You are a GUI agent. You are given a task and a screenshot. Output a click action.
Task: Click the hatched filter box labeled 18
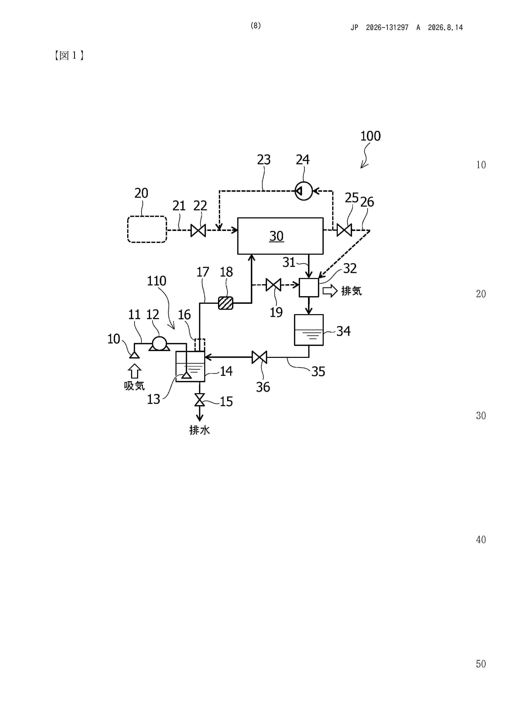click(x=226, y=303)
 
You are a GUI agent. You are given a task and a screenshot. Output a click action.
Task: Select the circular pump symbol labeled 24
click(x=303, y=191)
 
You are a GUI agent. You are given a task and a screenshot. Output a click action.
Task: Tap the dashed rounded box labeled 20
click(x=147, y=229)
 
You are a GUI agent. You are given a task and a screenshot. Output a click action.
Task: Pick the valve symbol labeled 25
click(x=344, y=230)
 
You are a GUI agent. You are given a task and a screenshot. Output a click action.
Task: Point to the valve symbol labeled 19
click(x=273, y=285)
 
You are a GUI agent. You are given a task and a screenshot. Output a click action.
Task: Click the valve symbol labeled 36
click(x=259, y=357)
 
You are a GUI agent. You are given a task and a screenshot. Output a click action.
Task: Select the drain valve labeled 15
click(x=199, y=400)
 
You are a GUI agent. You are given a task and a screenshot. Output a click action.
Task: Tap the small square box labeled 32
click(x=309, y=287)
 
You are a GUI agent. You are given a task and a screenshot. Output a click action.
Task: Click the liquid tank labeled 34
click(x=309, y=330)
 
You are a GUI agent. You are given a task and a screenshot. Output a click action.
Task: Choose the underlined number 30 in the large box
click(x=276, y=236)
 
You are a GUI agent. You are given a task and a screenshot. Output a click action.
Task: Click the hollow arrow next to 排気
click(x=330, y=290)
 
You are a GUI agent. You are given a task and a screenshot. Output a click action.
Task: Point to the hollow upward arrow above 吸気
click(x=134, y=371)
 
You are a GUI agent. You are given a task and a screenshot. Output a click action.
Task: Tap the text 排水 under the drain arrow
click(x=199, y=430)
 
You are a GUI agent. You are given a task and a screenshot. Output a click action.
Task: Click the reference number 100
click(x=370, y=136)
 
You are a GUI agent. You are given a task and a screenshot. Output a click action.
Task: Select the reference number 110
click(x=156, y=281)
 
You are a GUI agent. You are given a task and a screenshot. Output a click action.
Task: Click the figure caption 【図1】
click(x=69, y=56)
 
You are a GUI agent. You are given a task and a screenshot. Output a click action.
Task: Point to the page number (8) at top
click(x=256, y=26)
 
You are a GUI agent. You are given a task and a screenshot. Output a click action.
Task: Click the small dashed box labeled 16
click(x=200, y=345)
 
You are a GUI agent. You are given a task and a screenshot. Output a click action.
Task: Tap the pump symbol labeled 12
click(x=159, y=344)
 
